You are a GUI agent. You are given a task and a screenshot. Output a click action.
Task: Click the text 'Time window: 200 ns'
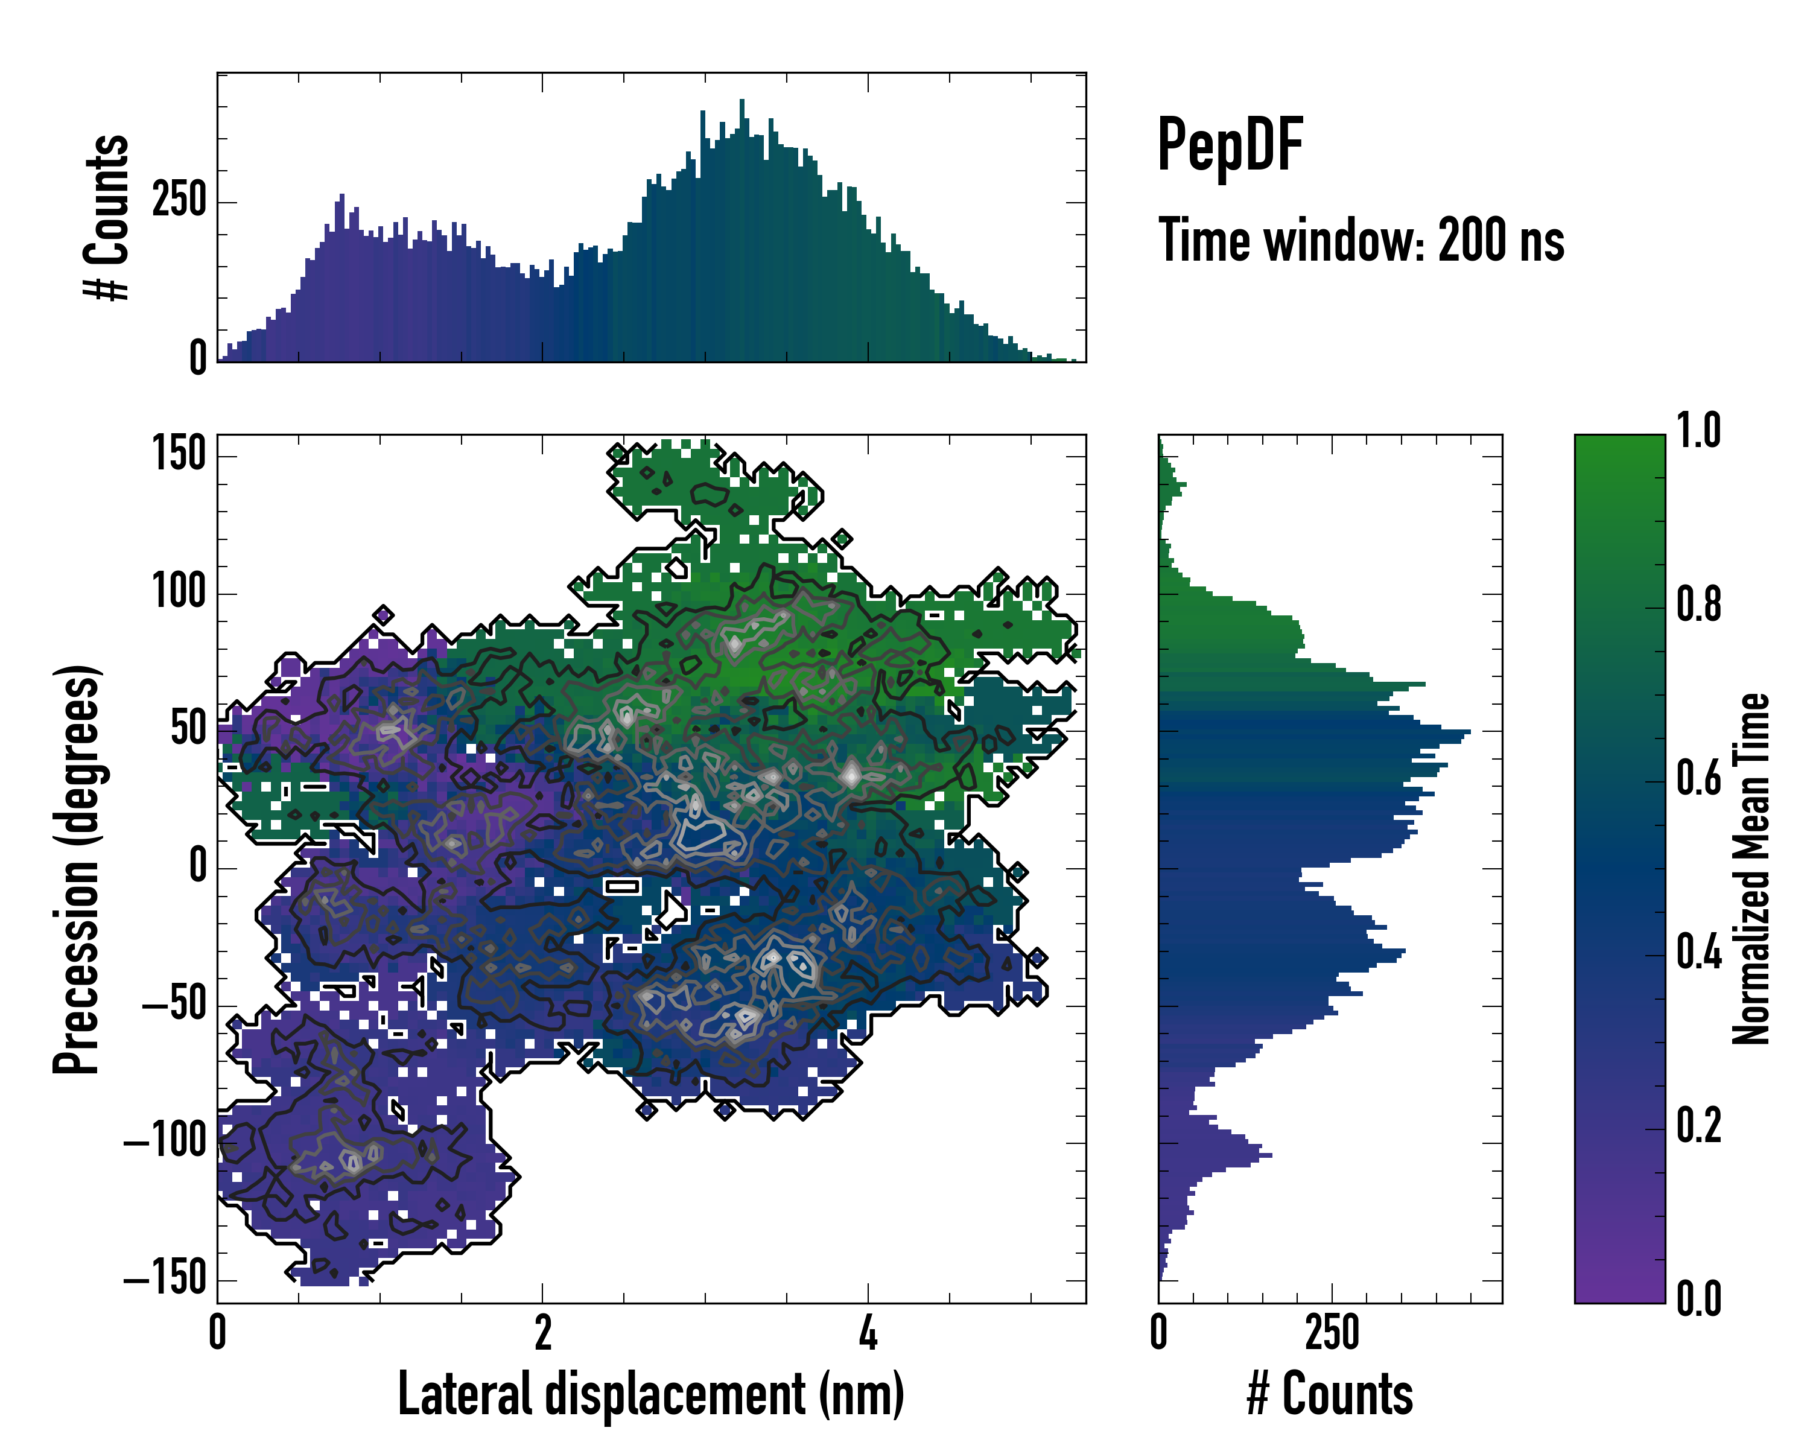pyautogui.click(x=1361, y=241)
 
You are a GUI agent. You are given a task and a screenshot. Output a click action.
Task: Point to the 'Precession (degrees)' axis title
pyautogui.click(x=77, y=869)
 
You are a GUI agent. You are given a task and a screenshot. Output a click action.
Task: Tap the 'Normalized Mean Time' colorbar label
pyautogui.click(x=1751, y=869)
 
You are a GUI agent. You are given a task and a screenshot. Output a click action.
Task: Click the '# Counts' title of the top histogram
pyautogui.click(x=107, y=217)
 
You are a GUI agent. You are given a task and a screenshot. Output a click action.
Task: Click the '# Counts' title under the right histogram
pyautogui.click(x=1330, y=1394)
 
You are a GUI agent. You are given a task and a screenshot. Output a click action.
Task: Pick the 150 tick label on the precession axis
pyautogui.click(x=179, y=455)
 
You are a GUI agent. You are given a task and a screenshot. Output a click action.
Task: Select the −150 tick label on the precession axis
pyautogui.click(x=165, y=1279)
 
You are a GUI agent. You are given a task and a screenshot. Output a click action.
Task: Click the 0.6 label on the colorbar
pyautogui.click(x=1698, y=778)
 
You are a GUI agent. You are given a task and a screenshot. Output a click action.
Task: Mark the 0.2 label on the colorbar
pyautogui.click(x=1698, y=1126)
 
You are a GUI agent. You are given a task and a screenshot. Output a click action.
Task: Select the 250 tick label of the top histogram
pyautogui.click(x=178, y=202)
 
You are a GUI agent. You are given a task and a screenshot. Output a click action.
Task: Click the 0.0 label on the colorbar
pyautogui.click(x=1698, y=1300)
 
